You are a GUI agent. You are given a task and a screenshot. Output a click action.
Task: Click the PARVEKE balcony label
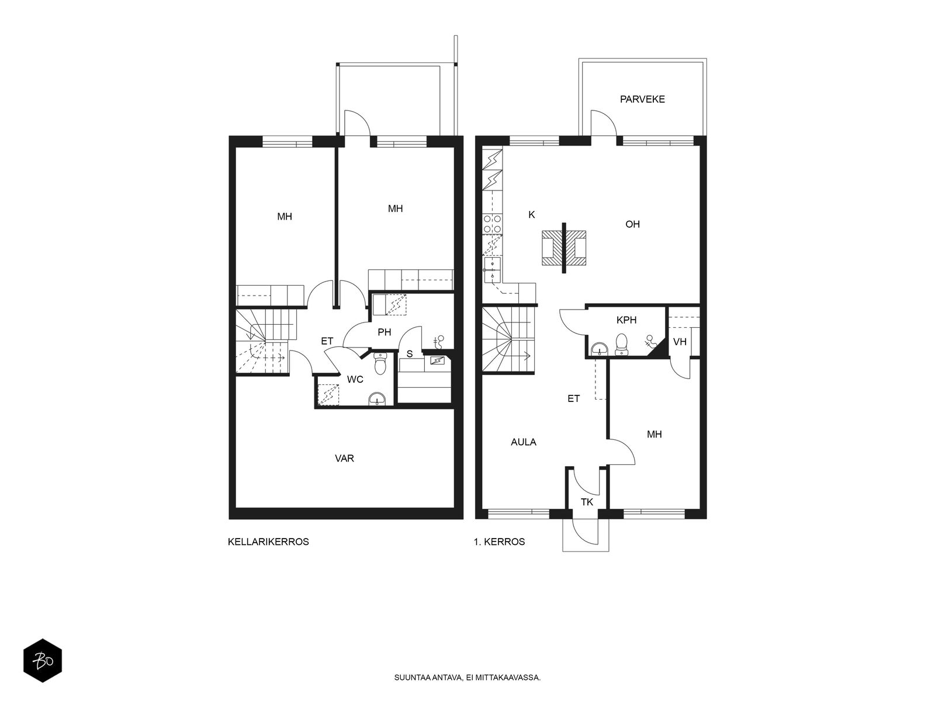[642, 99]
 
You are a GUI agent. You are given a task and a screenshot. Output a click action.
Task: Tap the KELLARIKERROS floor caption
[268, 542]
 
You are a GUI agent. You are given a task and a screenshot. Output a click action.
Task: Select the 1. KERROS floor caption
[499, 542]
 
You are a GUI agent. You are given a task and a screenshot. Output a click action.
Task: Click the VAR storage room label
[344, 459]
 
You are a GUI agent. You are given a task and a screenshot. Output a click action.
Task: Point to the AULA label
[524, 442]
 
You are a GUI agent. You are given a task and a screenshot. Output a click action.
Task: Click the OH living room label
[632, 224]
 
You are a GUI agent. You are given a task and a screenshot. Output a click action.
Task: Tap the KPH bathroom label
[626, 320]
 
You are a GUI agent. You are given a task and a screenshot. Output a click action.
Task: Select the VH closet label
[680, 342]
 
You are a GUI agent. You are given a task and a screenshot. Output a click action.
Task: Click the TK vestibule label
[587, 502]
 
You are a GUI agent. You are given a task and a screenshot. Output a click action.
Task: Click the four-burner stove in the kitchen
[493, 224]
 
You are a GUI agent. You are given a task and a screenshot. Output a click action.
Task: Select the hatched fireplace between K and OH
[563, 248]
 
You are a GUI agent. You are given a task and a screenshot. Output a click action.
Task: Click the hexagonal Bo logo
[43, 661]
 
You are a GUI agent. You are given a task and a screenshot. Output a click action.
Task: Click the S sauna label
[410, 353]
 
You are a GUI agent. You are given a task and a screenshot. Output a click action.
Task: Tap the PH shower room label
[384, 332]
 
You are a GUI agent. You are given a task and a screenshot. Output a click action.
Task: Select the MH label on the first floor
[654, 435]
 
